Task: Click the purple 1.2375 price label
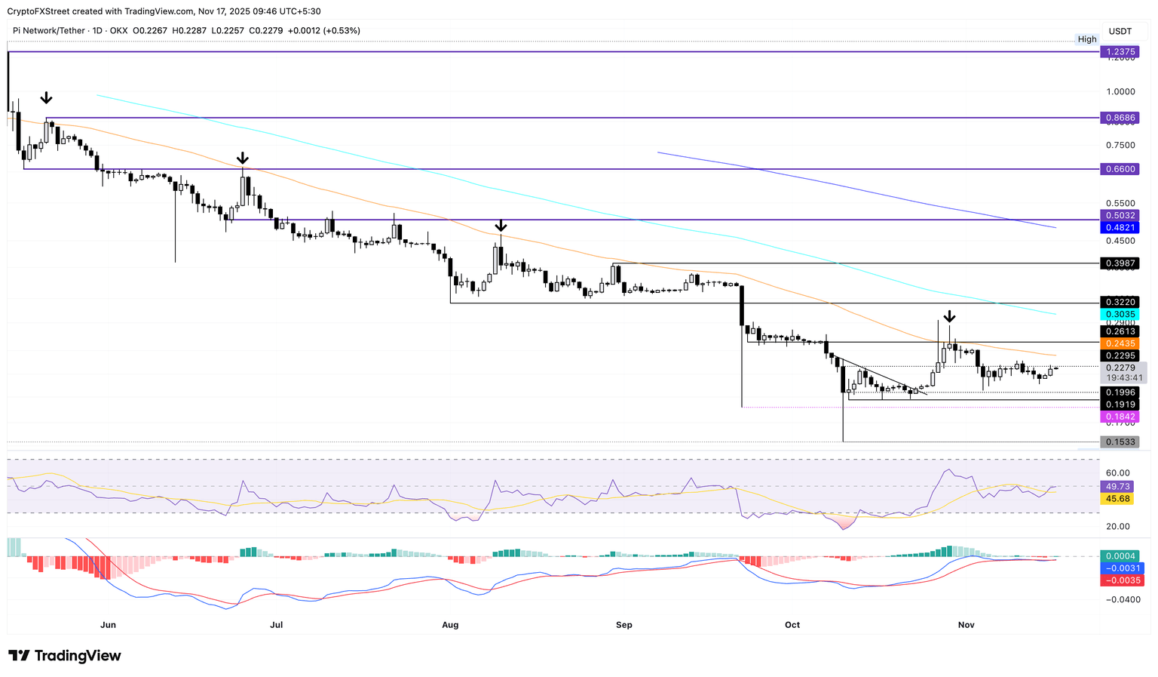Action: (1119, 52)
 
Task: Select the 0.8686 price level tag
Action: (1119, 118)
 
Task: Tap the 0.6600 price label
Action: (1119, 169)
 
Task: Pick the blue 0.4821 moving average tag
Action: (1119, 227)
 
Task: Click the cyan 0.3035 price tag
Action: (1119, 314)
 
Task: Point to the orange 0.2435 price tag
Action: (1119, 343)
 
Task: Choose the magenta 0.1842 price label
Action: (1119, 417)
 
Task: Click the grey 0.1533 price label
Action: (1119, 442)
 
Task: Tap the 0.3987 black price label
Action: (1119, 263)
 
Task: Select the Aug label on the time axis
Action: (450, 625)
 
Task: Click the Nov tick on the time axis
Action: (966, 625)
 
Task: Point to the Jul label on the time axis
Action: (277, 625)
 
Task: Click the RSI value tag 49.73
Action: (1117, 487)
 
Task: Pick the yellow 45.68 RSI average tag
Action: (1117, 499)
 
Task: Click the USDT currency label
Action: (1120, 31)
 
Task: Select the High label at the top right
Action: (1087, 39)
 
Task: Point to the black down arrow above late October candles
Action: (950, 316)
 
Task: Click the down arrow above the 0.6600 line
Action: (242, 158)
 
